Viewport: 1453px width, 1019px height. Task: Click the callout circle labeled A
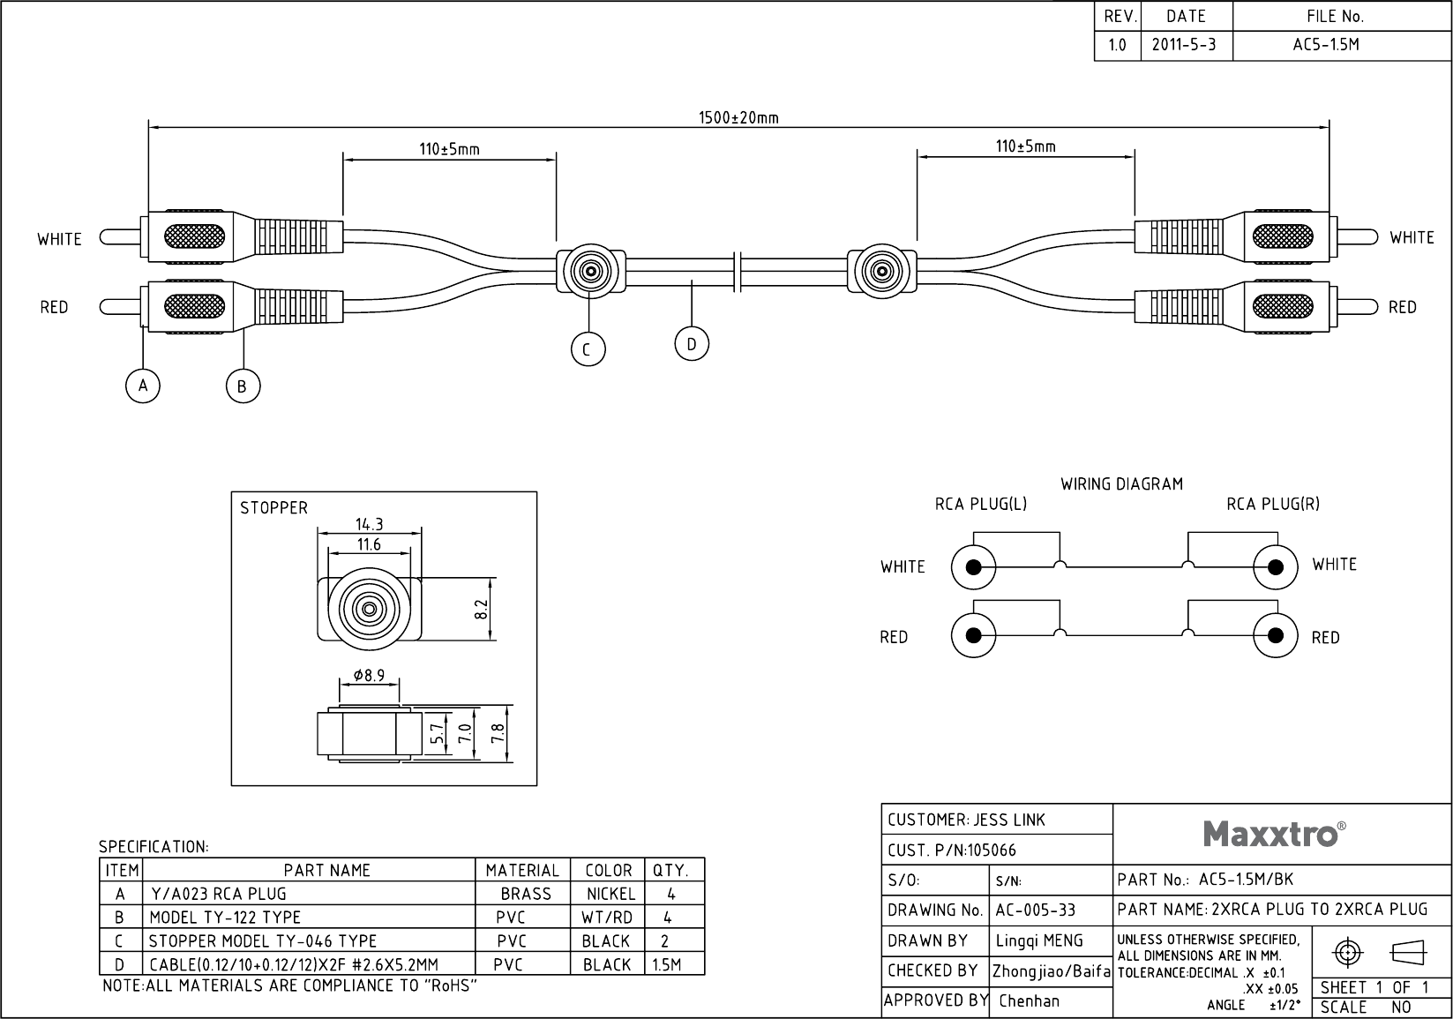pyautogui.click(x=143, y=386)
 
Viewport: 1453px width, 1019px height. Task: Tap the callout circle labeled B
pyautogui.click(x=243, y=386)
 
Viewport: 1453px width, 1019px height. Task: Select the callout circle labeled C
pyautogui.click(x=588, y=349)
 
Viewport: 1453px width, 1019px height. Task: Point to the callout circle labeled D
pyautogui.click(x=692, y=344)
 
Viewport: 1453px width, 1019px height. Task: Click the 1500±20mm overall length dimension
pyautogui.click(x=738, y=118)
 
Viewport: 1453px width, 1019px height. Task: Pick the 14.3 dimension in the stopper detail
pyautogui.click(x=369, y=524)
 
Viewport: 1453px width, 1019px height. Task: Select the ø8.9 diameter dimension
pyautogui.click(x=369, y=675)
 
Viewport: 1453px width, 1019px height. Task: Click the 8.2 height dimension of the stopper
pyautogui.click(x=481, y=609)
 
